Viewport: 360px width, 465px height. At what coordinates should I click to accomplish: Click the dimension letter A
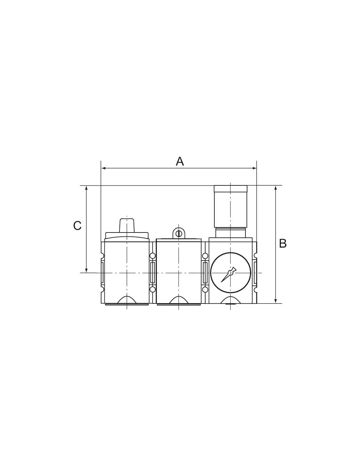click(x=180, y=161)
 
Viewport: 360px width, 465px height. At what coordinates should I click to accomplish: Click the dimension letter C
click(x=77, y=226)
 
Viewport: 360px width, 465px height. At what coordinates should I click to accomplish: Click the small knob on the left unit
click(x=127, y=225)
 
